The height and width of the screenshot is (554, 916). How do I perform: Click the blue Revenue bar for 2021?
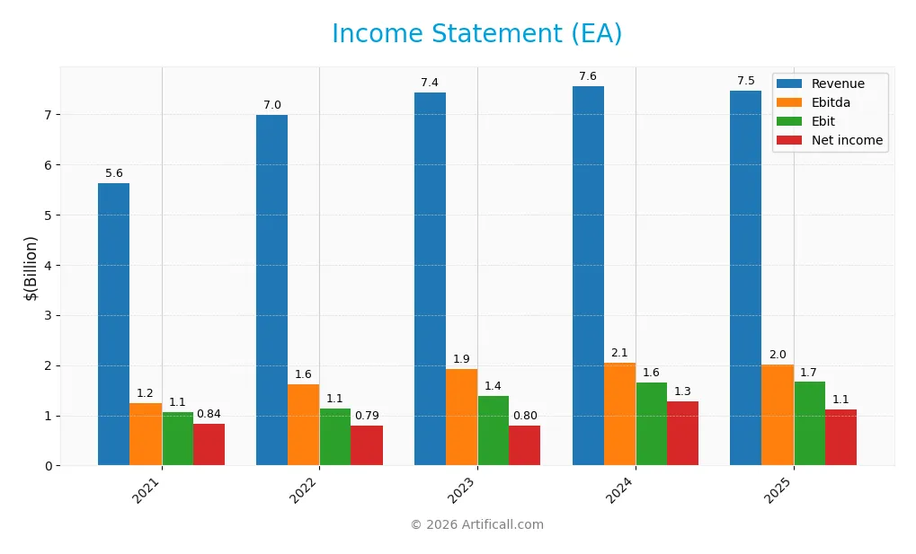tap(113, 324)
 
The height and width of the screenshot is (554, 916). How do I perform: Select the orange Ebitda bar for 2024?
tap(619, 414)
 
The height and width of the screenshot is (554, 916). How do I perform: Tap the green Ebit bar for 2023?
tap(493, 430)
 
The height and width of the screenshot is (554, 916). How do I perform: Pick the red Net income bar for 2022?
tap(367, 445)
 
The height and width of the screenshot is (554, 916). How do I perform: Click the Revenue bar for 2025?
tap(745, 277)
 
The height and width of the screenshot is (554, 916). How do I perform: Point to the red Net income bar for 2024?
tap(682, 433)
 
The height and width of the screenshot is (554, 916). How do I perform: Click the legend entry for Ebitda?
tap(831, 102)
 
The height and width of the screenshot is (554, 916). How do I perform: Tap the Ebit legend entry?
tap(823, 121)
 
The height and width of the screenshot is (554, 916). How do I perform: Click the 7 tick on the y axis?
tap(48, 115)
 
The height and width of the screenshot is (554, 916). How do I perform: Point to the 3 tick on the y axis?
tap(48, 315)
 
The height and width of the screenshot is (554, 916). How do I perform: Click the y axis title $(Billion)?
tap(31, 268)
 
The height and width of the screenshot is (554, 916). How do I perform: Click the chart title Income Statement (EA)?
tap(476, 34)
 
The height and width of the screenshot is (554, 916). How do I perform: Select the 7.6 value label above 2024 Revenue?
tap(588, 76)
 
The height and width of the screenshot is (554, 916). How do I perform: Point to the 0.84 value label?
tap(209, 414)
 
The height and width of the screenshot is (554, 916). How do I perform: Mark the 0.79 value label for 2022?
tap(367, 416)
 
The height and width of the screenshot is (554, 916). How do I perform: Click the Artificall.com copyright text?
tap(476, 524)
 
